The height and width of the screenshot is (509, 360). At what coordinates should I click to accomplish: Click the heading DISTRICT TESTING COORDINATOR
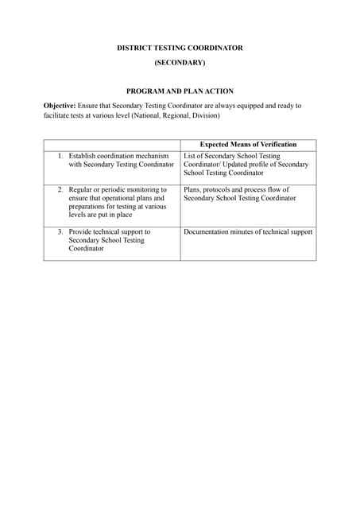(180, 48)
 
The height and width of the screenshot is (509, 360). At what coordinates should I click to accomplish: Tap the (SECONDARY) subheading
(180, 62)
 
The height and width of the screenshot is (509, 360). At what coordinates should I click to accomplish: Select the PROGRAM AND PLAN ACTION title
(180, 91)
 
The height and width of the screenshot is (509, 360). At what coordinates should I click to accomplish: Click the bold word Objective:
(60, 106)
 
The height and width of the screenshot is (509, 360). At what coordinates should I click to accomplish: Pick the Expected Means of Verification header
(248, 145)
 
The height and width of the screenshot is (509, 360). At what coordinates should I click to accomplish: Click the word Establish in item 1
(84, 156)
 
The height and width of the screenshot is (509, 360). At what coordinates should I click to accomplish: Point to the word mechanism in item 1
(151, 156)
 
